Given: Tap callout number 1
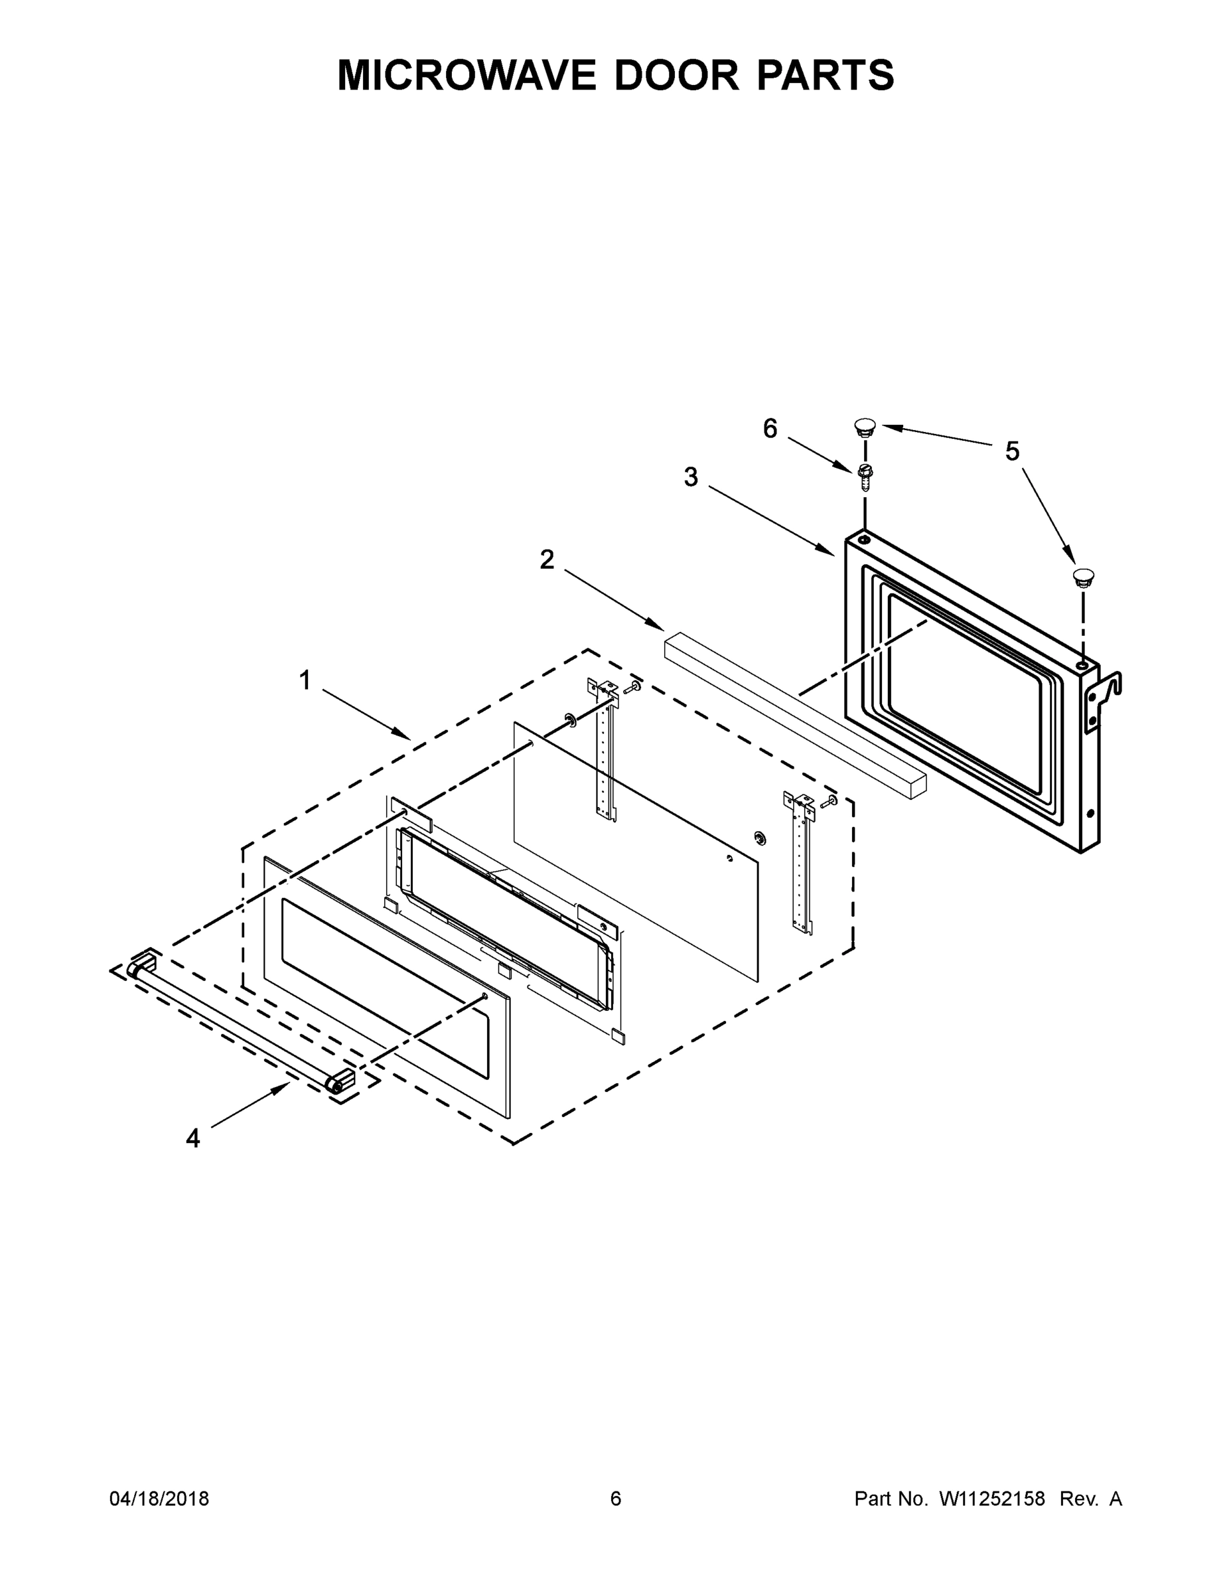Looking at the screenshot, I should click(x=305, y=680).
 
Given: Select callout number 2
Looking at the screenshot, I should click(x=547, y=560).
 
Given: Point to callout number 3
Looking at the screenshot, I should click(x=691, y=478).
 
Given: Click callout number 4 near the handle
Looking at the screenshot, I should click(x=192, y=1138).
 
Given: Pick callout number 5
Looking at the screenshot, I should click(x=1012, y=451).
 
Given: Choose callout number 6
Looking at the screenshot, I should click(x=770, y=429).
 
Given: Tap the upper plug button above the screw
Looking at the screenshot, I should click(x=865, y=426).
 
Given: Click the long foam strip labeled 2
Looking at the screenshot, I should click(x=795, y=715).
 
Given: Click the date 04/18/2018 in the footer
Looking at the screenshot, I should click(x=159, y=1499).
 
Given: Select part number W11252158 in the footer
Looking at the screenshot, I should click(x=992, y=1499).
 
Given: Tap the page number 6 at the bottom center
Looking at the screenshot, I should click(x=616, y=1499).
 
